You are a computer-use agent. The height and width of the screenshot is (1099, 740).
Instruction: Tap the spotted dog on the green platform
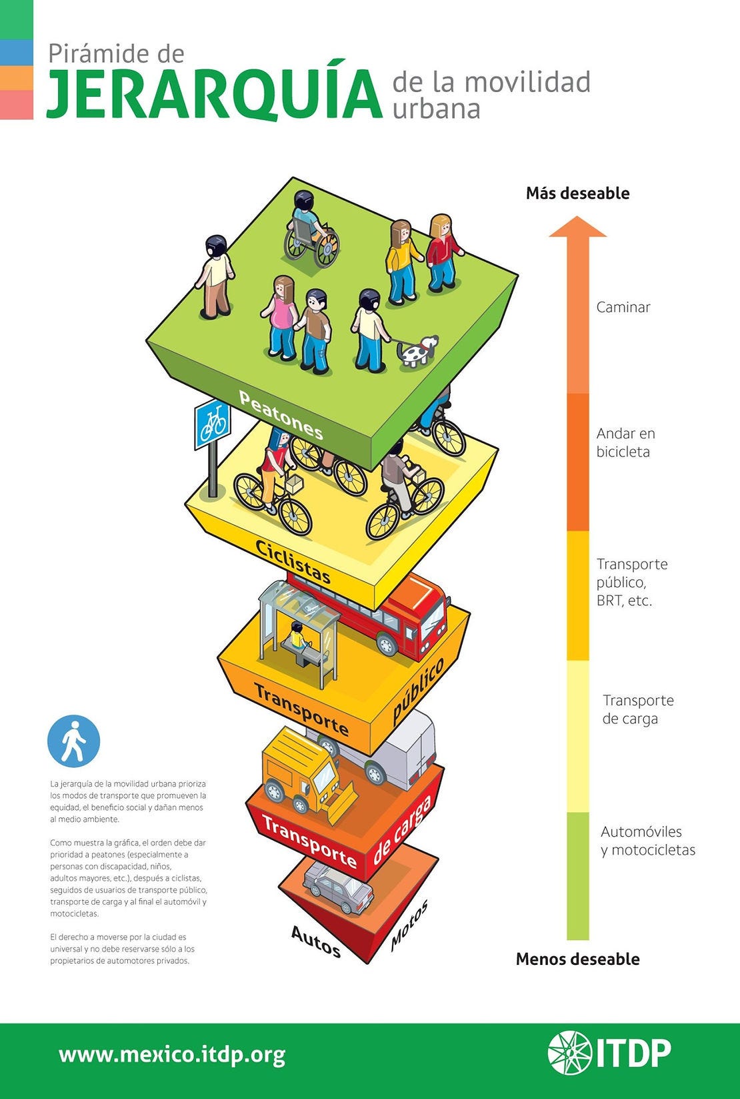417,351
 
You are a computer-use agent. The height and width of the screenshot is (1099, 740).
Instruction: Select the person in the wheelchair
311,230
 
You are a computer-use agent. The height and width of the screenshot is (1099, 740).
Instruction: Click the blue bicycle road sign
213,424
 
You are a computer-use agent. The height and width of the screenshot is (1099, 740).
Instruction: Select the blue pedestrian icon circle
73,741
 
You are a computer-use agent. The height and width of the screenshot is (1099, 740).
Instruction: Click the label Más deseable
577,194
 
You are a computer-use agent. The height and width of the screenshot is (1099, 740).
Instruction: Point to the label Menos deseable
577,959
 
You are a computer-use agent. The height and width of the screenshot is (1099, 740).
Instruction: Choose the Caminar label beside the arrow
623,307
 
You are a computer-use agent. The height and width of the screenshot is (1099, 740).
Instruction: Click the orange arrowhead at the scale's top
577,228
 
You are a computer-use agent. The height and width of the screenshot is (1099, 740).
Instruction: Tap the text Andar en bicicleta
625,442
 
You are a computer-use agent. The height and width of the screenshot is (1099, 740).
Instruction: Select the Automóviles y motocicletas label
647,841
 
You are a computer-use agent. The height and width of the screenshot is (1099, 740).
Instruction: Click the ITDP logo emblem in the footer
569,1053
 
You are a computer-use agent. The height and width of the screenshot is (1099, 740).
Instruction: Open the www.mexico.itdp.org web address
172,1055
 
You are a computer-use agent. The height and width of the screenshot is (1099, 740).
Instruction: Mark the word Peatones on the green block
281,415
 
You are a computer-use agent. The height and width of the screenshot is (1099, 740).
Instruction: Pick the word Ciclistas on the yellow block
293,561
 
